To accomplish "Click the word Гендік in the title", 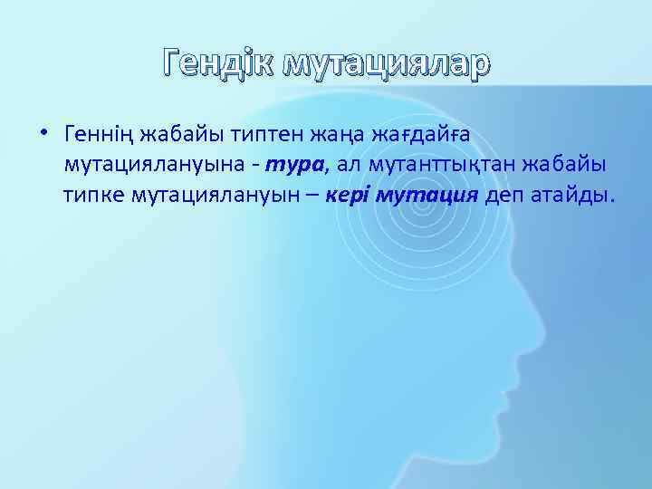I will coord(217,62).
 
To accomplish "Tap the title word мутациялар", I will coord(386,62).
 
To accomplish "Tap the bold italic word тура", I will coord(289,166).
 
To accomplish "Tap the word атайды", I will coord(574,197).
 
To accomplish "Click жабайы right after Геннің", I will coord(168,135).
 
